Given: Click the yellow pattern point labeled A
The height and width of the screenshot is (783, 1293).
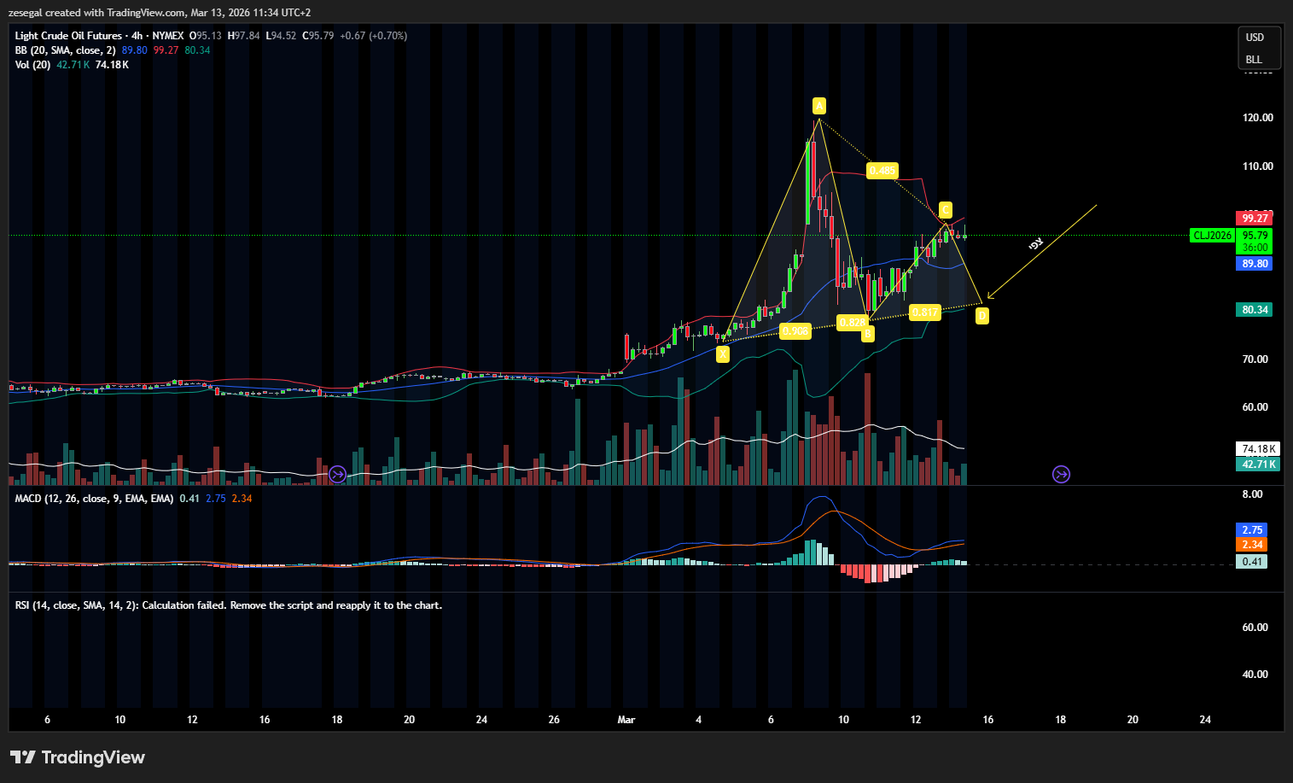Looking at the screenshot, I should [818, 106].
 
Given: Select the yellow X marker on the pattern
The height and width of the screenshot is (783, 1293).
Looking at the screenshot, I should [723, 354].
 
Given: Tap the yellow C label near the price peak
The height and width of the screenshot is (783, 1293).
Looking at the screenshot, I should [945, 210].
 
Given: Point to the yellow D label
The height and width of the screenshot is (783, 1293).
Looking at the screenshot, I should [981, 316].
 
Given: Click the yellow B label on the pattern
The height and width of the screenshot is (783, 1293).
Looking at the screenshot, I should [867, 334].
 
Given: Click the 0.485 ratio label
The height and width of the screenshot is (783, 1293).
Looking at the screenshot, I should [882, 171].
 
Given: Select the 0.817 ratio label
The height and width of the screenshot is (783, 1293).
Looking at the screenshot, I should [925, 313].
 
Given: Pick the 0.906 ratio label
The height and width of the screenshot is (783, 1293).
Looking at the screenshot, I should [795, 331].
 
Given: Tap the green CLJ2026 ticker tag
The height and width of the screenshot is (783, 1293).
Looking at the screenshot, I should [1212, 236].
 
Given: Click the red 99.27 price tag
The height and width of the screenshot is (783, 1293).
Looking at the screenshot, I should [1254, 219].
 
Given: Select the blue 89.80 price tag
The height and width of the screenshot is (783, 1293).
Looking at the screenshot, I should [1254, 264].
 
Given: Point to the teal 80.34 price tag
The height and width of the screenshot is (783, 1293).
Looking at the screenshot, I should [1254, 310].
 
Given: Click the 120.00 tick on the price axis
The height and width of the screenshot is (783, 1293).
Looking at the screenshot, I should [1257, 118].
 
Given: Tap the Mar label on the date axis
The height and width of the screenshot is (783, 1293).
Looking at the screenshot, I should [626, 720].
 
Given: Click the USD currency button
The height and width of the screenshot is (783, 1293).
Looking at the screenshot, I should [1254, 38].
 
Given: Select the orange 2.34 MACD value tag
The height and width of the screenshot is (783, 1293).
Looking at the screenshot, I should [1252, 545].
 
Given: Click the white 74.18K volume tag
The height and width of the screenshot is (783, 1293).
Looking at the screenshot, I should [1258, 449].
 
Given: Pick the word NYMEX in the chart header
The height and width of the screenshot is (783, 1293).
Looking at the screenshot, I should [168, 36].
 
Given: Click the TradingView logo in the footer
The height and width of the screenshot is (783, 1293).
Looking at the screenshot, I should [78, 757].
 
